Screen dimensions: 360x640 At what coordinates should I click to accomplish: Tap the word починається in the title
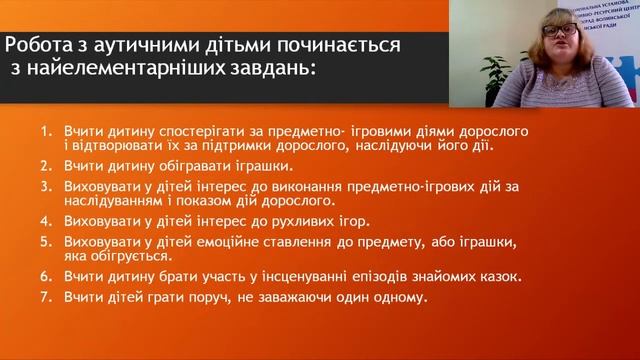click(346, 46)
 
